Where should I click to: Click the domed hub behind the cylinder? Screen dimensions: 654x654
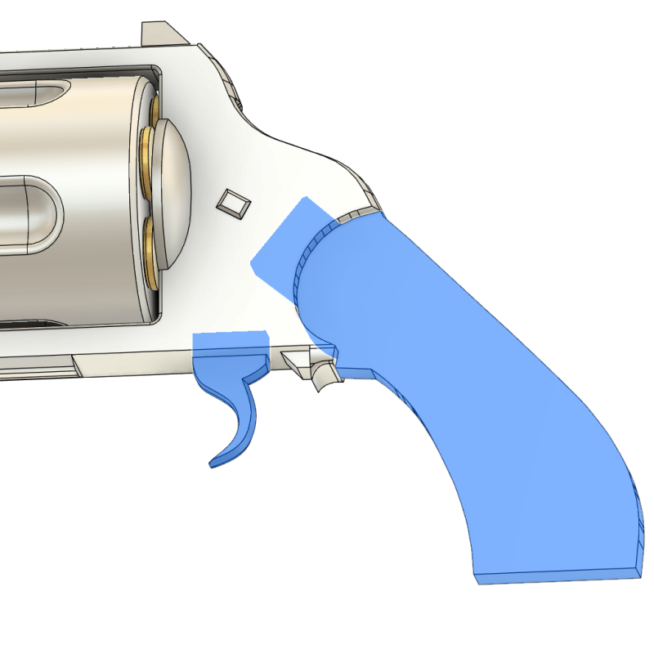click(x=172, y=192)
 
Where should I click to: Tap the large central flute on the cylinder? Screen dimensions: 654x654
click(x=29, y=209)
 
